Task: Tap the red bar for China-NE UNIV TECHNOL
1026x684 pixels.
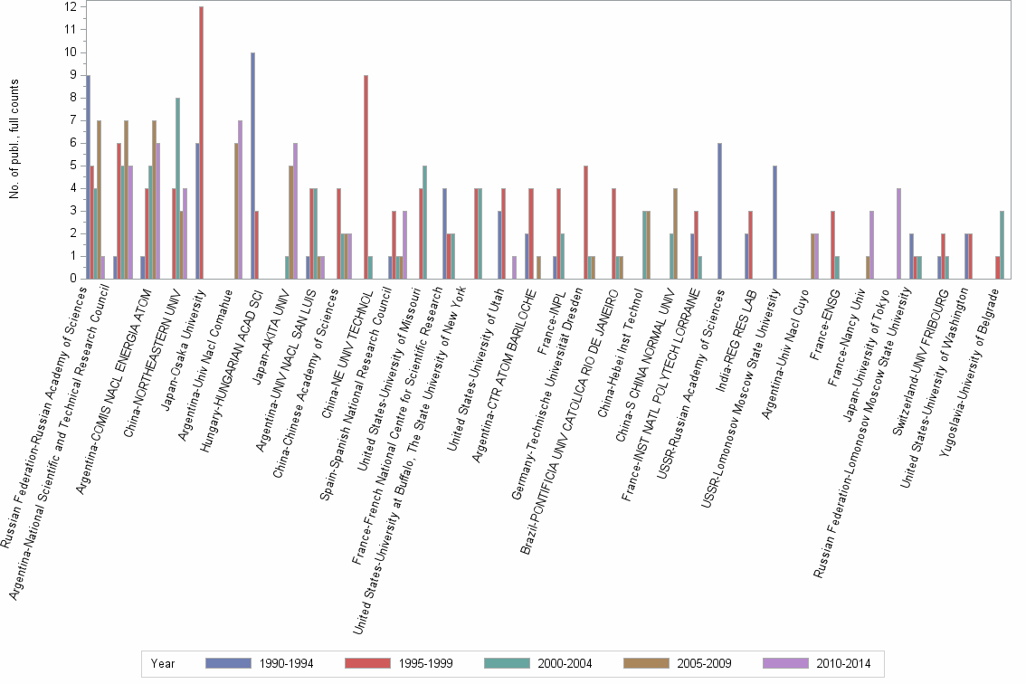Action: [x=366, y=177]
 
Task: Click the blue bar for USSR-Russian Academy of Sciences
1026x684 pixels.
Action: [x=719, y=211]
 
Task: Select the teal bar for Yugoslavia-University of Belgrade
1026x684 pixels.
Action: [x=1001, y=245]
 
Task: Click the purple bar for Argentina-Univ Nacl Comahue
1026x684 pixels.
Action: [x=241, y=200]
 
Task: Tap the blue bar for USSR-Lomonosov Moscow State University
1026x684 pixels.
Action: [x=774, y=223]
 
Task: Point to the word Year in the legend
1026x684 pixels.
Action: [x=164, y=664]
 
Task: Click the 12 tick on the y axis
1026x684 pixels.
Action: [x=70, y=7]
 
